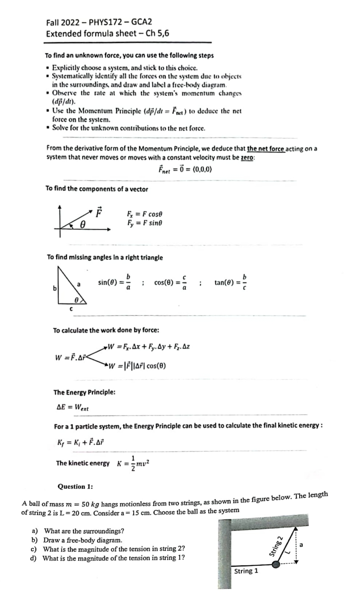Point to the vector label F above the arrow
click(x=99, y=212)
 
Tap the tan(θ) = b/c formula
click(x=231, y=282)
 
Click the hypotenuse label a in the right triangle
click(x=78, y=284)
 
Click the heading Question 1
click(x=75, y=486)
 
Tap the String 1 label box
click(x=246, y=571)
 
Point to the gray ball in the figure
click(x=280, y=563)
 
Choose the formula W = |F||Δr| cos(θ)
click(x=138, y=366)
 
